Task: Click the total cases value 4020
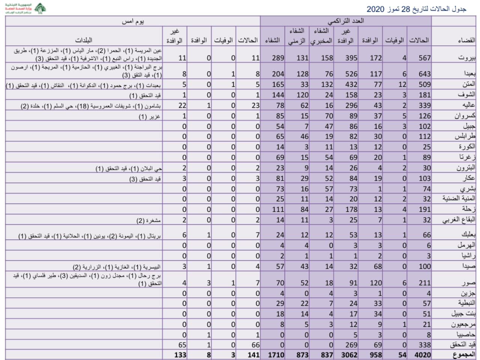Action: [422, 355]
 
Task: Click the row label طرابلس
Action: [465, 136]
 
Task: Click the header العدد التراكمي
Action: [346, 21]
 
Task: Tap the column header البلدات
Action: [83, 40]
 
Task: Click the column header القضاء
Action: [466, 40]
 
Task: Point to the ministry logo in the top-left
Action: [38, 8]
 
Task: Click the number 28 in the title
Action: [406, 9]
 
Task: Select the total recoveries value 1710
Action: [275, 355]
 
